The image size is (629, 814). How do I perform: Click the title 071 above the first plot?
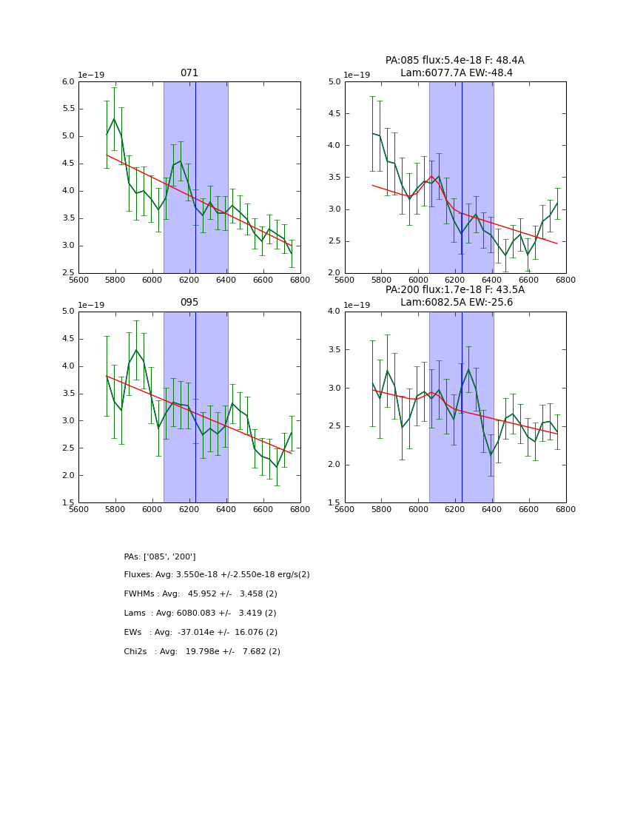(189, 73)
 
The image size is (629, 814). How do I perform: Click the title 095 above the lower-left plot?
(189, 303)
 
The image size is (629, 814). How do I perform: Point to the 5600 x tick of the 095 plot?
(78, 510)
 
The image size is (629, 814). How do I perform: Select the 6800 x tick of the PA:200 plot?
(566, 510)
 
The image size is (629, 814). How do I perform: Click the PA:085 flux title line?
(454, 61)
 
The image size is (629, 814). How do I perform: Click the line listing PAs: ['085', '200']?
(160, 556)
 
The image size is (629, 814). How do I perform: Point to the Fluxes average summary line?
(217, 575)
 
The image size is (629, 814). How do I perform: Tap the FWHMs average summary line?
(201, 594)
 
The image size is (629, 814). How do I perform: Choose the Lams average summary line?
(200, 613)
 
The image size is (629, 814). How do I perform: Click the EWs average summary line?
(201, 633)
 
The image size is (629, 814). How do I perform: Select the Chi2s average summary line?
(202, 652)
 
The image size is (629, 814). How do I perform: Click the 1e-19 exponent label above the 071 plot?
(91, 75)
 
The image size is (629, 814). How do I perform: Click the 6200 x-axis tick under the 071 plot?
(189, 280)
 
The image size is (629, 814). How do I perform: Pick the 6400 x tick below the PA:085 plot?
(492, 280)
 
